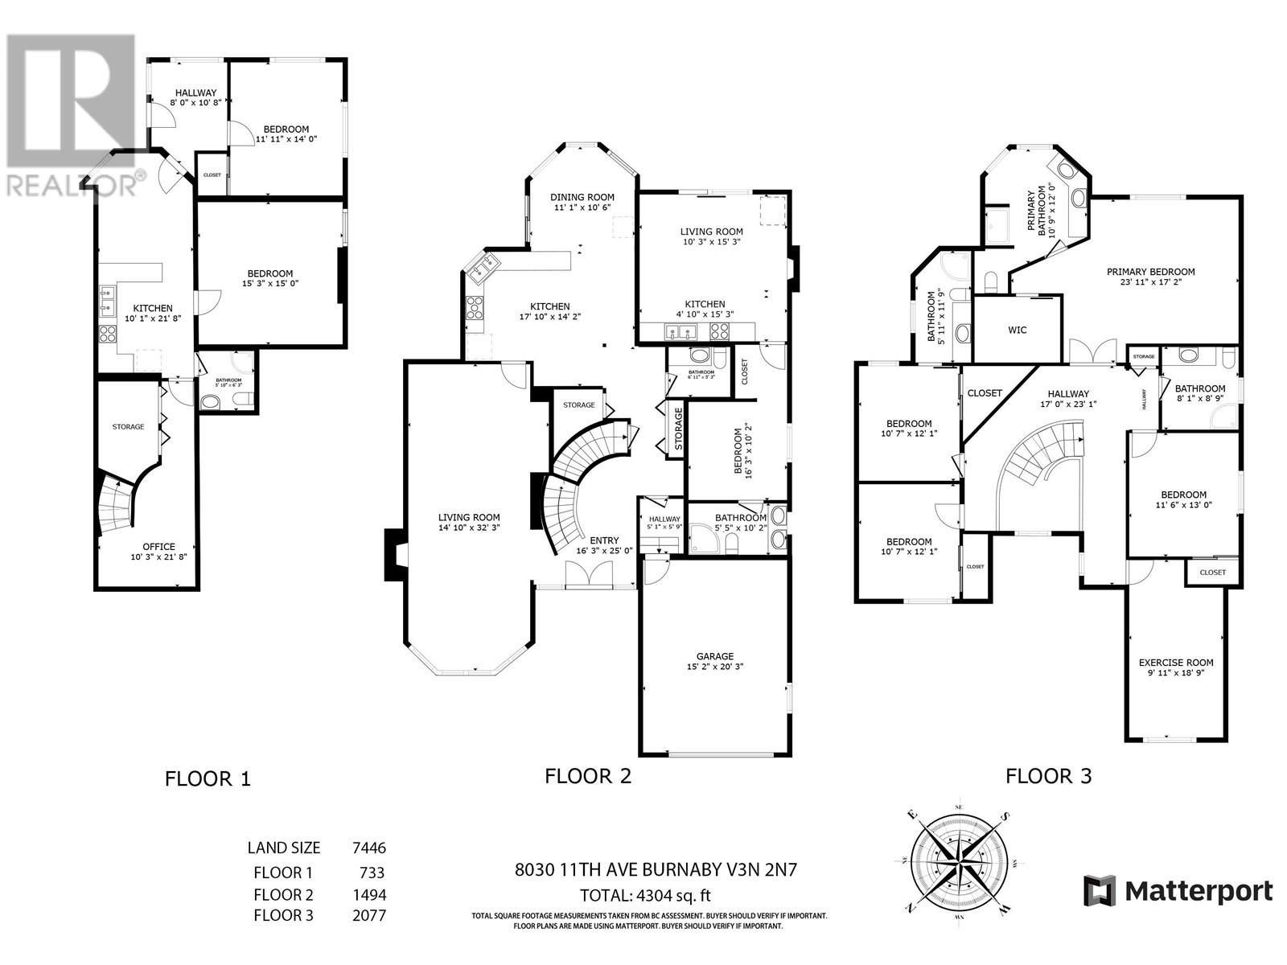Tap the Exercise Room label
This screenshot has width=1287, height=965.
[x=1176, y=663]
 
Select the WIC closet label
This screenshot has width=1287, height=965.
[x=1017, y=330]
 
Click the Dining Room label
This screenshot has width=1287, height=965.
[x=582, y=197]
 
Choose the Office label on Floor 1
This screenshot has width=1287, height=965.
[x=158, y=547]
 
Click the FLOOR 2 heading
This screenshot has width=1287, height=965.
[x=588, y=776]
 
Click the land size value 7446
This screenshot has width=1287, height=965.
[x=369, y=848]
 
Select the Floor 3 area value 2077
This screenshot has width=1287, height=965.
[x=369, y=915]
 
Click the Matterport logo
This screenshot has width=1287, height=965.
[x=1178, y=891]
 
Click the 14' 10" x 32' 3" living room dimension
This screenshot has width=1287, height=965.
[x=469, y=528]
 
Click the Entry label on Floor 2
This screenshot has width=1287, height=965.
[x=604, y=540]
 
